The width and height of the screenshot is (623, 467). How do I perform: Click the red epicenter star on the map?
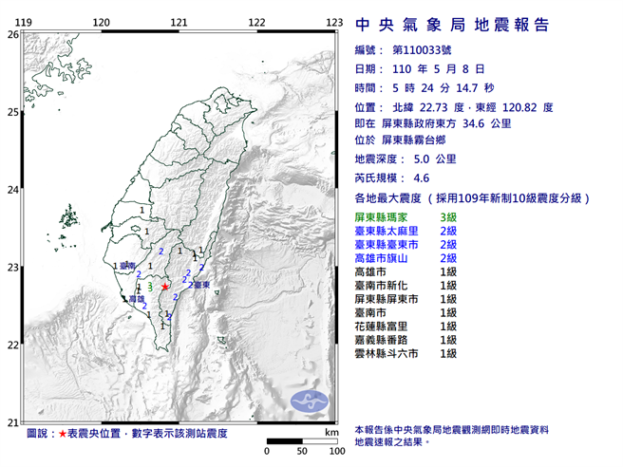(165, 286)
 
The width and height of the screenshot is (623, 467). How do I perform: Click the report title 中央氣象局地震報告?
(451, 26)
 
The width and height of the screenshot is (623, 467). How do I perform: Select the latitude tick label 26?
(12, 34)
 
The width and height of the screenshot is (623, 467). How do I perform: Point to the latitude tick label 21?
(12, 422)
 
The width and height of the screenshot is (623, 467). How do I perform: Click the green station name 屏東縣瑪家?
(385, 218)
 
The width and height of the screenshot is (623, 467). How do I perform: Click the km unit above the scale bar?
(330, 432)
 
